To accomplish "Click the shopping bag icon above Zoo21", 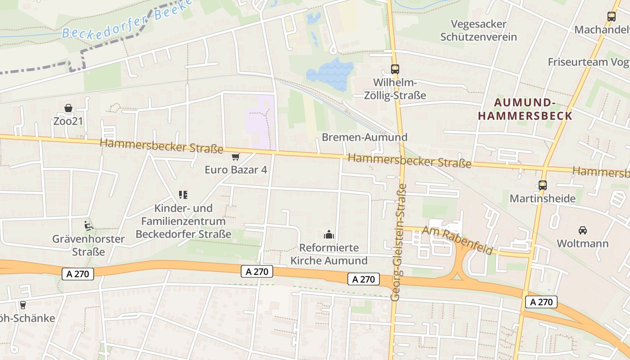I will [68, 108].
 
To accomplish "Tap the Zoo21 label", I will [68, 121].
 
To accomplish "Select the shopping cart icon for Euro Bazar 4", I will [235, 157].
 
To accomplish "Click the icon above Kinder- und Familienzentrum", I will [183, 195].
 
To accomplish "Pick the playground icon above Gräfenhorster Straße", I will [89, 225].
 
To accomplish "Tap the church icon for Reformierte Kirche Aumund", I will [329, 234].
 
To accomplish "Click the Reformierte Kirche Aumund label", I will [329, 254].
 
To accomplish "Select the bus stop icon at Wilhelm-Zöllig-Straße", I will [395, 69].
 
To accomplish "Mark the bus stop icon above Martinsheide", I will [543, 185].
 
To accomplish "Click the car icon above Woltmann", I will [583, 230].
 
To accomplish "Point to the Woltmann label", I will [583, 243].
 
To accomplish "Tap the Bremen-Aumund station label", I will [364, 137].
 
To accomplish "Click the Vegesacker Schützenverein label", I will [478, 30].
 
